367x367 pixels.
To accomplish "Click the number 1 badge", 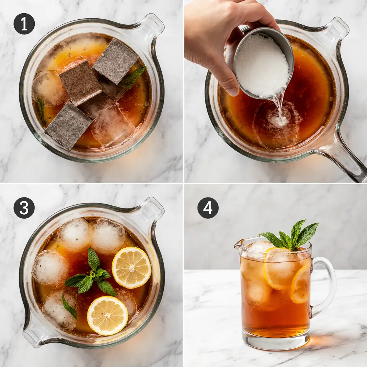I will [x=24, y=24].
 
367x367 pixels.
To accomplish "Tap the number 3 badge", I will [x=24, y=208].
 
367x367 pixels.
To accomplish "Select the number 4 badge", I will [x=208, y=208].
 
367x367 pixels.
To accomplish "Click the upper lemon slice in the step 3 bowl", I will [x=132, y=267].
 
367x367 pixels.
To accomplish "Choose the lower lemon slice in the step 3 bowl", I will [x=108, y=315].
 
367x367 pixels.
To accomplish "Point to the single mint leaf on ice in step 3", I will [x=70, y=306].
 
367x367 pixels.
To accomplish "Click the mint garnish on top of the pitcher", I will [x=292, y=235].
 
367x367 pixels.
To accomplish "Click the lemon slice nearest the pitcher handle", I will [x=300, y=285].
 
